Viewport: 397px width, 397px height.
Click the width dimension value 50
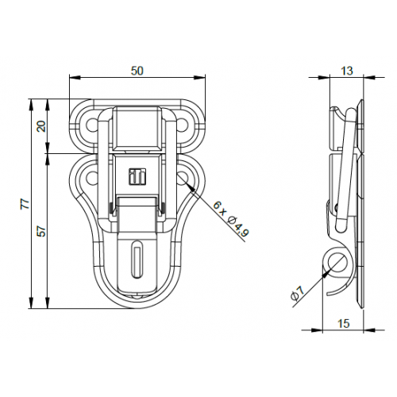point(137,71)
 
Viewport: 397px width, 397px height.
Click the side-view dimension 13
point(347,71)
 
